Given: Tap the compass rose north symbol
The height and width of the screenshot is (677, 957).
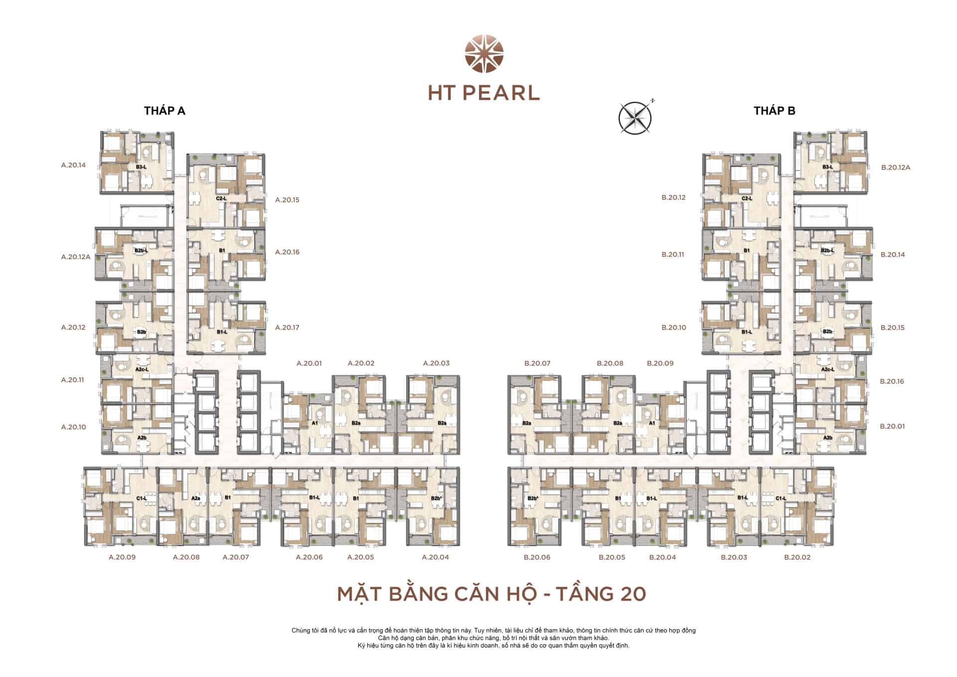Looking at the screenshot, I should point(635,119).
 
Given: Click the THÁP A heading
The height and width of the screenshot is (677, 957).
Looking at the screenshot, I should point(164,111).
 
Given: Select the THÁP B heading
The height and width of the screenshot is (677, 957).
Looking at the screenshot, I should point(774,111).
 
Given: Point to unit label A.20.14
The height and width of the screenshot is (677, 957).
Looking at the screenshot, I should point(73,165).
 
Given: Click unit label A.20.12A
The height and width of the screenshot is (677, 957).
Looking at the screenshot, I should point(76,257).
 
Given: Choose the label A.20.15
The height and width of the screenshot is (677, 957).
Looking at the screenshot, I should point(287,200).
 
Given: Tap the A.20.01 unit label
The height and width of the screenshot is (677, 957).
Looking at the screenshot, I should point(309,363).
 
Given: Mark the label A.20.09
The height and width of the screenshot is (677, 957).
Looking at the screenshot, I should point(122,557).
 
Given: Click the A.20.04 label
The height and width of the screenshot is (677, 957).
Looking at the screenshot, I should point(435,557).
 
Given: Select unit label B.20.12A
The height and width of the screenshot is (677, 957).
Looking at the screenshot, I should point(896,168).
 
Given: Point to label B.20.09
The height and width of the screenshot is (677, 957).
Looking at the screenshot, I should point(660,363).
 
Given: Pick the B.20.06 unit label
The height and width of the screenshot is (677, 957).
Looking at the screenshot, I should point(537,557).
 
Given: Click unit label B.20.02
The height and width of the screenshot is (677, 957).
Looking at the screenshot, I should point(797,557).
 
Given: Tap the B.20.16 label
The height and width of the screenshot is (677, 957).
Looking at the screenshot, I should point(892,381).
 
